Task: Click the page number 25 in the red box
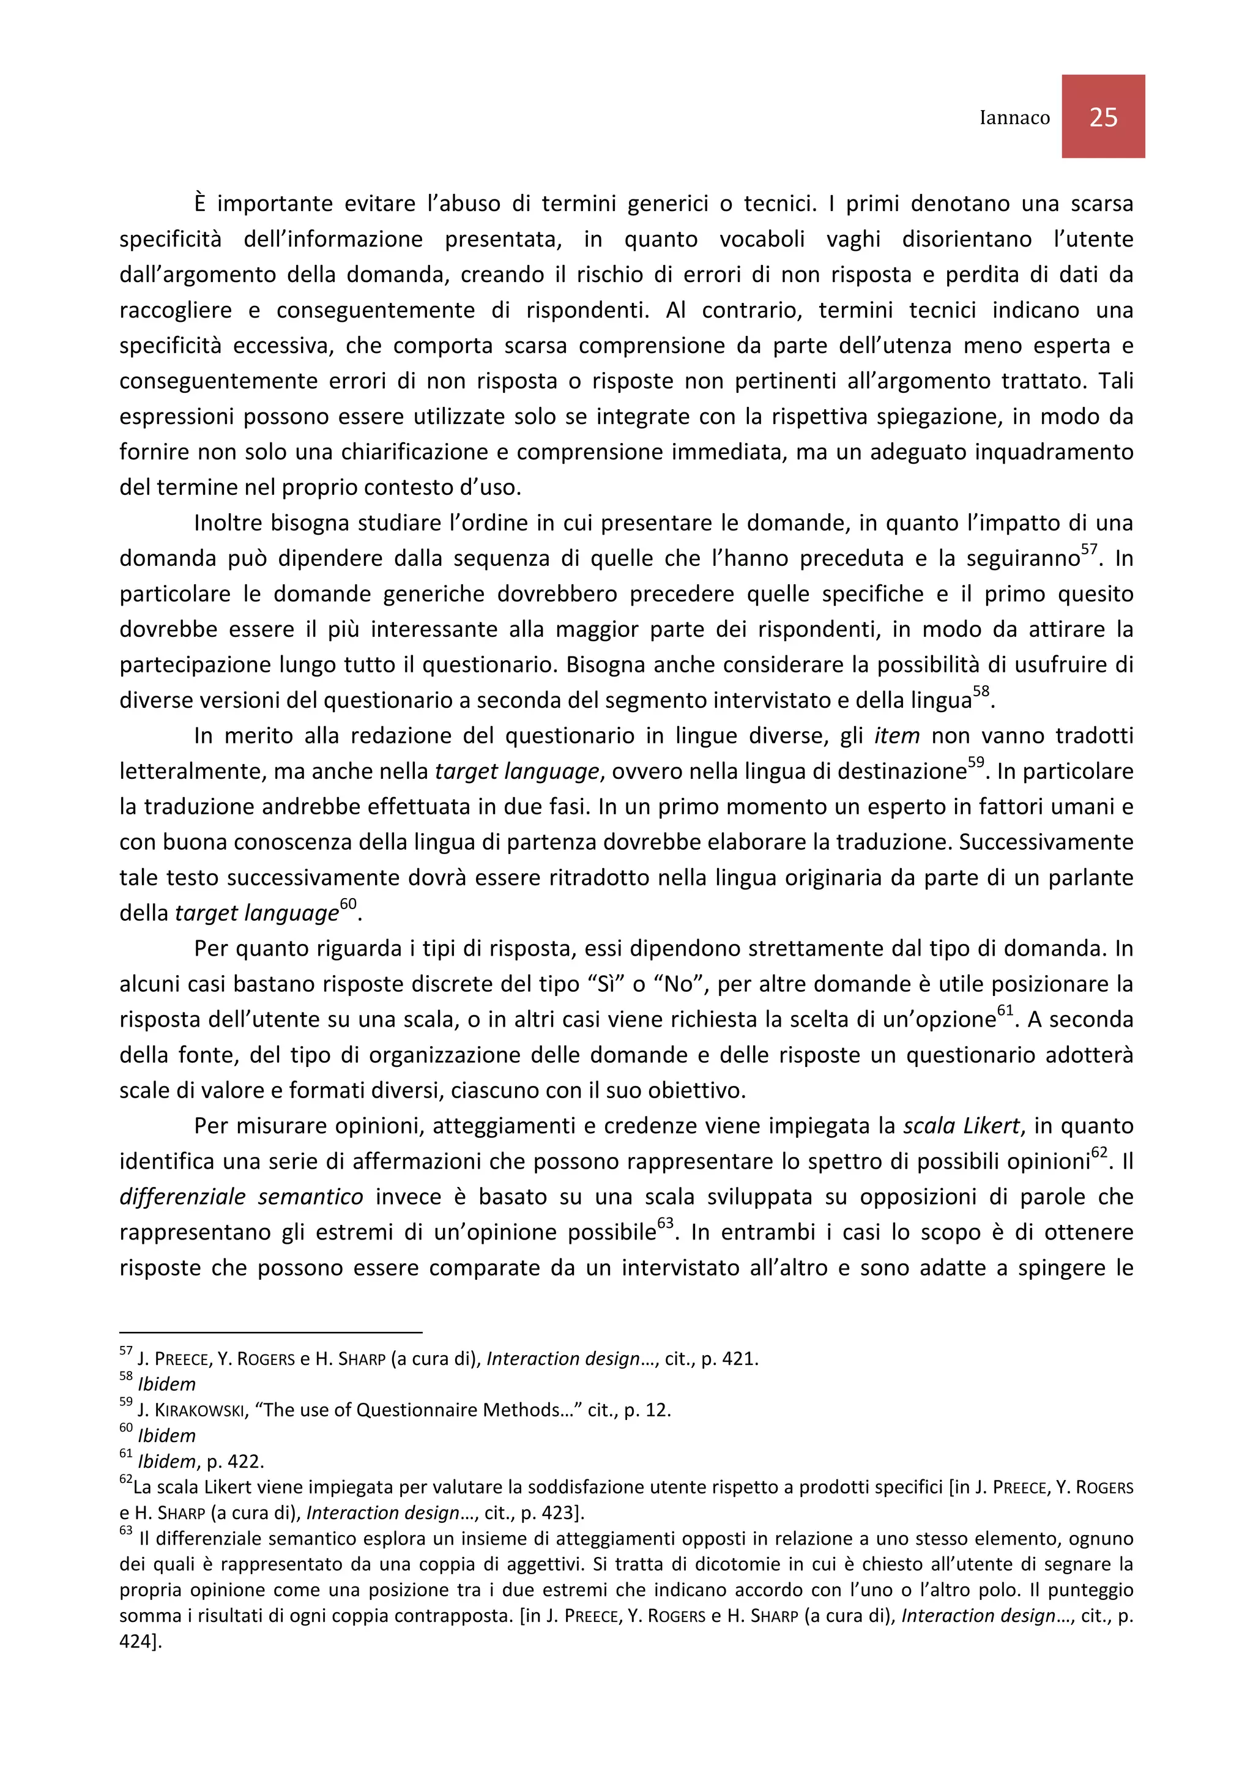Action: click(x=1102, y=117)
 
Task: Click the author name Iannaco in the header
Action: click(x=1014, y=117)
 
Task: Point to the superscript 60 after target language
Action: click(x=348, y=904)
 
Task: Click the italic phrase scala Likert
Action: click(x=961, y=1126)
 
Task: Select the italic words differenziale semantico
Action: click(x=241, y=1197)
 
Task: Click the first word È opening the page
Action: click(x=201, y=204)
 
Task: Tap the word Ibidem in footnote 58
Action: click(x=167, y=1385)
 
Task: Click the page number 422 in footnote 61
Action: click(x=245, y=1462)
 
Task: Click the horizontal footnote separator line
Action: click(x=270, y=1332)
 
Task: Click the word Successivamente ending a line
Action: click(x=1046, y=842)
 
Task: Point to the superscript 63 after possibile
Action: click(x=664, y=1223)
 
